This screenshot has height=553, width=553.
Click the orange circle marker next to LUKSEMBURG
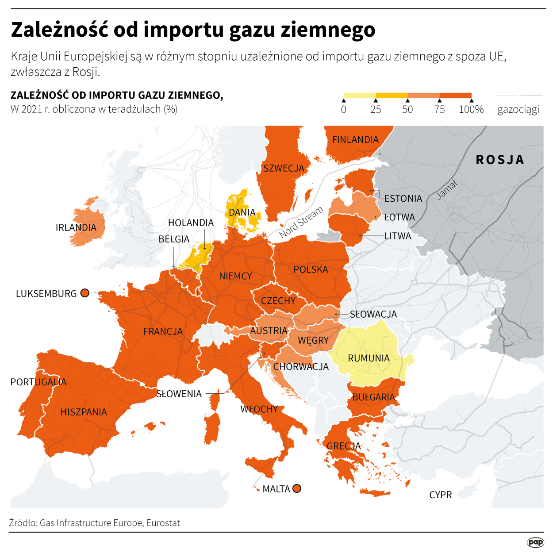(85, 293)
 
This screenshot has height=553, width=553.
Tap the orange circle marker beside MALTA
(297, 488)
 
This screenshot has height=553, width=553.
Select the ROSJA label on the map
(500, 160)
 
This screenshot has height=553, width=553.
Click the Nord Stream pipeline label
(301, 222)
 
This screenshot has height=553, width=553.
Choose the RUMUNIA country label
(369, 358)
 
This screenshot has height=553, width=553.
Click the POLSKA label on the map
(311, 269)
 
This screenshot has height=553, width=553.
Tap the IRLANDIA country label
(76, 227)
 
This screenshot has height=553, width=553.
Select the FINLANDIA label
(355, 140)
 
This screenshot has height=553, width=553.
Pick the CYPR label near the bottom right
(441, 495)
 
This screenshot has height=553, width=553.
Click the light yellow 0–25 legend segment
(360, 95)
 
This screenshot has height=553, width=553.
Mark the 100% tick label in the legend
(471, 109)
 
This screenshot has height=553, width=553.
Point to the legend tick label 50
(407, 109)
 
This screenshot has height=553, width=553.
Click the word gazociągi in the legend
(518, 109)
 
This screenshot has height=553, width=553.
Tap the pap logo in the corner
(535, 542)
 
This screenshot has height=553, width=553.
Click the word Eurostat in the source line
(163, 523)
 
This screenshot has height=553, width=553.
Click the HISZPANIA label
(84, 412)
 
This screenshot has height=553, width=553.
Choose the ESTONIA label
(403, 198)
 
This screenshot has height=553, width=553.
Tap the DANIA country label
(242, 212)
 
